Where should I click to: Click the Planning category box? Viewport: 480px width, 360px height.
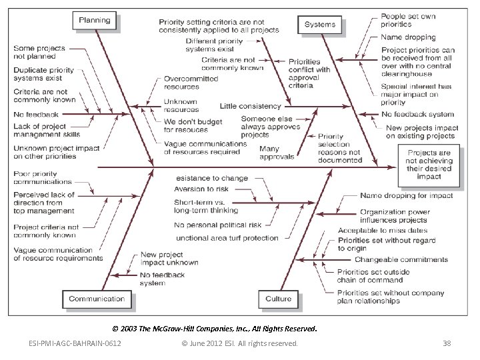click(95, 21)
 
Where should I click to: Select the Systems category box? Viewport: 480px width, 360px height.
click(320, 25)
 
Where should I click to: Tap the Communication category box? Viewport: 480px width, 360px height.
click(97, 299)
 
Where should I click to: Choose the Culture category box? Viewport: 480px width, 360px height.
click(278, 299)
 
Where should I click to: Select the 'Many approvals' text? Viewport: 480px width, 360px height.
click(277, 153)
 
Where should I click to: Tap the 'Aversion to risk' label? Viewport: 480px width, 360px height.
click(201, 190)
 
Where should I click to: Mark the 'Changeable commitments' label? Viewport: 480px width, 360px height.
click(392, 259)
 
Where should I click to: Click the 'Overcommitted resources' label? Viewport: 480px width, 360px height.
click(191, 83)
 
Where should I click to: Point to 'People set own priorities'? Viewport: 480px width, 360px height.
click(409, 19)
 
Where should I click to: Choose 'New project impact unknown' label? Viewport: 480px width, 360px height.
click(169, 259)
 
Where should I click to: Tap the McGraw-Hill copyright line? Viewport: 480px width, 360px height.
click(215, 329)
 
